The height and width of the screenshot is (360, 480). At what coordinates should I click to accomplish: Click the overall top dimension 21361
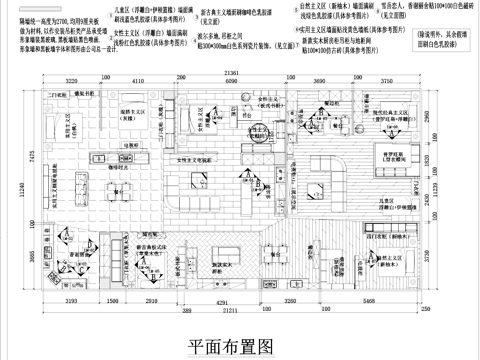click(x=231, y=73)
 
